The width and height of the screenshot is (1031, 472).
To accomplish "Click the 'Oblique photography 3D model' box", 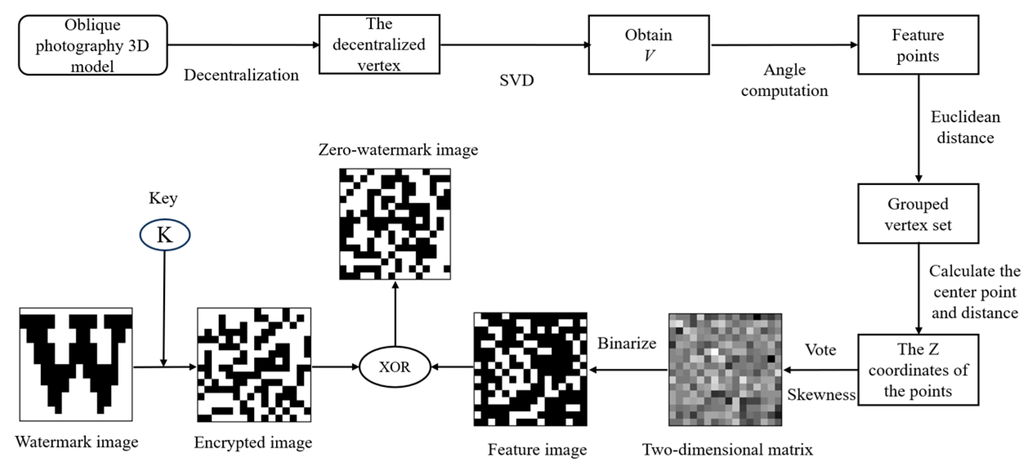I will coord(93,45).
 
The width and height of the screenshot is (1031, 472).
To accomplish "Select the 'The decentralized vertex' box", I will coord(379,45).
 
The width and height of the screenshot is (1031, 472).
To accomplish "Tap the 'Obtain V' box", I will coord(649,45).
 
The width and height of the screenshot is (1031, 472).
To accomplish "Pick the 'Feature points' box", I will coord(918,45).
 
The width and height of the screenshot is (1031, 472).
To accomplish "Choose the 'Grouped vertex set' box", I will coord(918,214).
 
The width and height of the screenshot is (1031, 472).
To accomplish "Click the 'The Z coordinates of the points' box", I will coord(918,370).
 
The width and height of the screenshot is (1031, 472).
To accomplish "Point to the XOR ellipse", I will coord(395,367).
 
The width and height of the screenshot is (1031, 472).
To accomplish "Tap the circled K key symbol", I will coord(165,235).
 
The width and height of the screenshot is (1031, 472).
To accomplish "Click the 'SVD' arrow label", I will coord(516,80).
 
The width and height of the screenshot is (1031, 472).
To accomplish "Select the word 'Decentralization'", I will coord(241,75).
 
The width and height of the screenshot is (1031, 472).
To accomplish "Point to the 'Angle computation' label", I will coord(784,80).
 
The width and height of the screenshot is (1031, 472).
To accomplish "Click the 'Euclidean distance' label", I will coord(965,127).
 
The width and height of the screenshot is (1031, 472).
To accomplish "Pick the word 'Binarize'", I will coord(627,343).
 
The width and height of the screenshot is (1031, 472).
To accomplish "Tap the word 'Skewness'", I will coord(821,395).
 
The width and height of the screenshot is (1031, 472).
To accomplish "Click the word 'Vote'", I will coord(820,350).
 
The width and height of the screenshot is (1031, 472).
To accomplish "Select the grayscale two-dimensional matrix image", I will coord(725,370).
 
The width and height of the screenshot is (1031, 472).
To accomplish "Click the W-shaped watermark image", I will coord(76,364).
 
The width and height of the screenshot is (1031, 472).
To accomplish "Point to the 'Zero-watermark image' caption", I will coord(398,150).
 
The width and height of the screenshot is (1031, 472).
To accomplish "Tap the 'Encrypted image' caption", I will coord(253,443).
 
